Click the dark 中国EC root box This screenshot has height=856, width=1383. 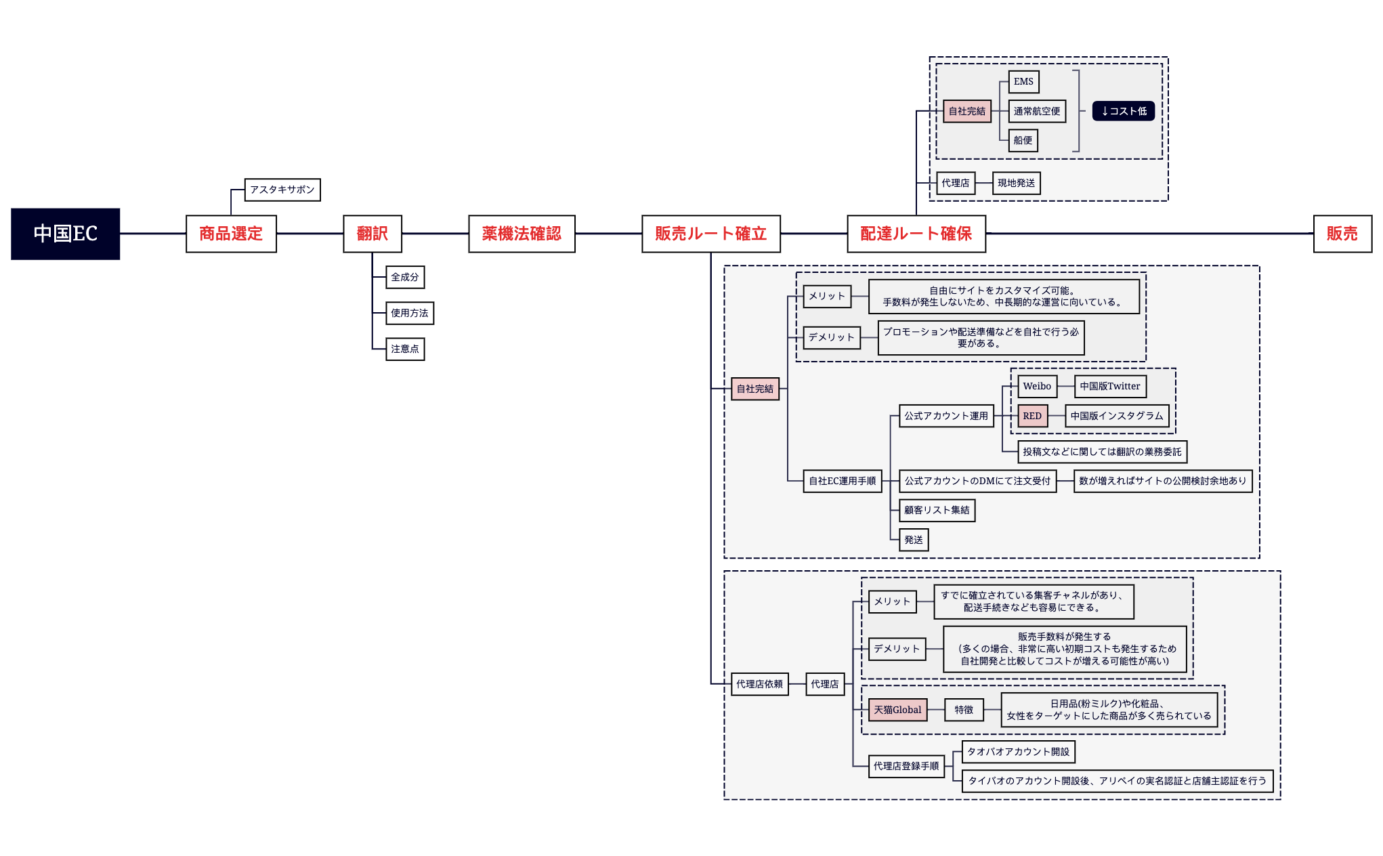66,234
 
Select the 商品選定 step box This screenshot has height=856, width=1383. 231,234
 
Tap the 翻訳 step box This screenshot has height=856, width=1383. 373,234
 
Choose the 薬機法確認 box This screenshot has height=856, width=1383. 522,234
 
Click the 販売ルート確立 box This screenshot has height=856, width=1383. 710,234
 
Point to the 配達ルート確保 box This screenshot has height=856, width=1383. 916,234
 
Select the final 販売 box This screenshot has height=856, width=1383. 1342,234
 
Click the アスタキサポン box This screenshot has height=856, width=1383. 282,190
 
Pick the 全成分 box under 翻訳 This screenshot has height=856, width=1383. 405,277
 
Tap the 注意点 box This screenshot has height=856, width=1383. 405,349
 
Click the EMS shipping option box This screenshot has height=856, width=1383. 1023,82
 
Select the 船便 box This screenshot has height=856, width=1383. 1023,140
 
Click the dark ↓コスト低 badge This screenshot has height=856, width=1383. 1124,111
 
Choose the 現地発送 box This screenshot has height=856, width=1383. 1016,183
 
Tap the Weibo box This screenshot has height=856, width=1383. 1037,386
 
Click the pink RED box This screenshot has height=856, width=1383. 1032,416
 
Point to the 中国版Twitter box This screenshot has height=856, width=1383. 1110,386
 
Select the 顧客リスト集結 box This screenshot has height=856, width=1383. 937,510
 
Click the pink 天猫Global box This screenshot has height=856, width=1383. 897,710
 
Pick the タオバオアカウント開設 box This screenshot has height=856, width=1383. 1018,752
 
